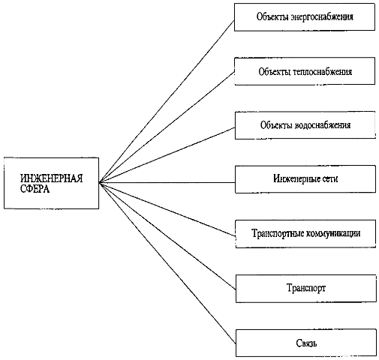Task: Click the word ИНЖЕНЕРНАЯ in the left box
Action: coord(51,178)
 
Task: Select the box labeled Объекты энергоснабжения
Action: coord(305,17)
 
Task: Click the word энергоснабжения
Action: coord(322,17)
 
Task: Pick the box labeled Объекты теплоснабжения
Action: coord(305,71)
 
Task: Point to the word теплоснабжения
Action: coord(322,72)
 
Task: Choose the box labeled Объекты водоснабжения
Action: coord(305,125)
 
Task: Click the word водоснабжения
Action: coord(323,125)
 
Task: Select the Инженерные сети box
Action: coord(305,179)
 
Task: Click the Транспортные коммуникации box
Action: coord(305,234)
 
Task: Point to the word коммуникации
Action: coord(333,233)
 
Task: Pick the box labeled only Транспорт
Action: coord(306,289)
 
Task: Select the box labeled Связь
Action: coord(306,343)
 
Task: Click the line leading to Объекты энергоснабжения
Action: coord(167,101)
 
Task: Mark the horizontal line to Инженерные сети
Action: coord(167,182)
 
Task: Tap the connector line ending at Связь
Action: coord(167,263)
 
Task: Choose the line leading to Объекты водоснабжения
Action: coord(167,155)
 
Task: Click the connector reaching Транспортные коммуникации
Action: coord(167,209)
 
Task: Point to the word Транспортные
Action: coord(278,233)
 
